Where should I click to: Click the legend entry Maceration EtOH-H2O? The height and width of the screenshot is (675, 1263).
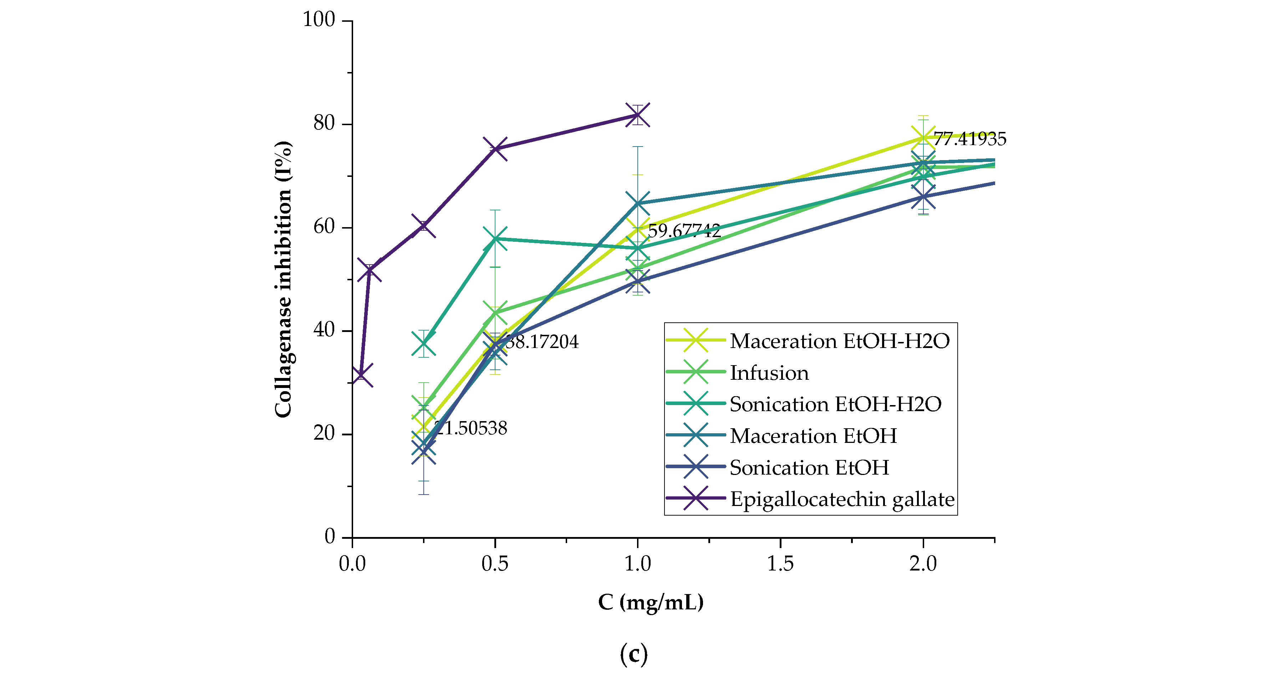839,341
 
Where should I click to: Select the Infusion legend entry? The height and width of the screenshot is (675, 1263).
769,373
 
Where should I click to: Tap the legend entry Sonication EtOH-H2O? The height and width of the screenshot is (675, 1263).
835,404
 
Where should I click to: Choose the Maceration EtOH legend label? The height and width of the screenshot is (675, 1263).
813,436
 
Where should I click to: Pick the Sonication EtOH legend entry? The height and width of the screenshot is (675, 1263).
809,467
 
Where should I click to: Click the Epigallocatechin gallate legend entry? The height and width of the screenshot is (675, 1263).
842,499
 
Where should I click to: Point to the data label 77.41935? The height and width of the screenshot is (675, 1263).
969,139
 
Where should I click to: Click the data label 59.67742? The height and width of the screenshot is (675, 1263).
684,230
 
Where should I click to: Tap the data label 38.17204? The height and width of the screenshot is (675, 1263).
542,342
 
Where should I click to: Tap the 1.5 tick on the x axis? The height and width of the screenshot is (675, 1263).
780,564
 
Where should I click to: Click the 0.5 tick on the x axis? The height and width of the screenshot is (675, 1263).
495,564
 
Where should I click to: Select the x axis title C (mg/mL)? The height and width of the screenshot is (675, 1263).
651,602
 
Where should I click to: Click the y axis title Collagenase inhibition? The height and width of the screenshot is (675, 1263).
283,280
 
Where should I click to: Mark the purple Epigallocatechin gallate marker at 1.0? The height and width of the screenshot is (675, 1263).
637,115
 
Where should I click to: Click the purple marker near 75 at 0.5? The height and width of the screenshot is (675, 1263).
495,149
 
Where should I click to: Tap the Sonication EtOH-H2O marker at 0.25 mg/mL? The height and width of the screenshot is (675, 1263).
424,344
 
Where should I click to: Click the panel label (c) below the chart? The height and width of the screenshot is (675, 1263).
633,654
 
